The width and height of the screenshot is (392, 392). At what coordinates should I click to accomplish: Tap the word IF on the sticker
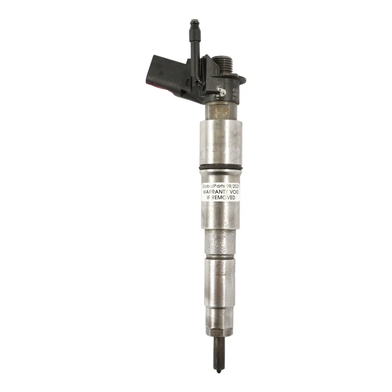(x=208, y=197)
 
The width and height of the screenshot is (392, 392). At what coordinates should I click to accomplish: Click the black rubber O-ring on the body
(x=221, y=167)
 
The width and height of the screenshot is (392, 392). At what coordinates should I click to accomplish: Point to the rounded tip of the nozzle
(x=219, y=371)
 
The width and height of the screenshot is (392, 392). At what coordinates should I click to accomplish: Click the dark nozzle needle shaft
(x=218, y=352)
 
